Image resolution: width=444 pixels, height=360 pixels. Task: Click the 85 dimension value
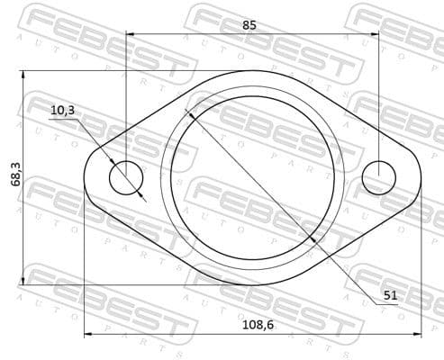249,25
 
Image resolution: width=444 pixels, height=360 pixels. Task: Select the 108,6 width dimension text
258,325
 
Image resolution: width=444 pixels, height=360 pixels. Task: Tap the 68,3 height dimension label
16,174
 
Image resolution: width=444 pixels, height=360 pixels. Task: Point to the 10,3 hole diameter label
62,111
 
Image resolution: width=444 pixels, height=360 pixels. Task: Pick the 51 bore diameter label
390,295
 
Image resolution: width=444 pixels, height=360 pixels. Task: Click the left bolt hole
126,178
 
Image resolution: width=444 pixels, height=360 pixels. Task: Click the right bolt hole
379,178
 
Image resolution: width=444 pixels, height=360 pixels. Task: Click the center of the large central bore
252,178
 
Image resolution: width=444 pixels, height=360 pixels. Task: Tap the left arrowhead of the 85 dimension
130,34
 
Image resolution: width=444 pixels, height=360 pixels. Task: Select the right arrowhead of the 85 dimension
376,34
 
